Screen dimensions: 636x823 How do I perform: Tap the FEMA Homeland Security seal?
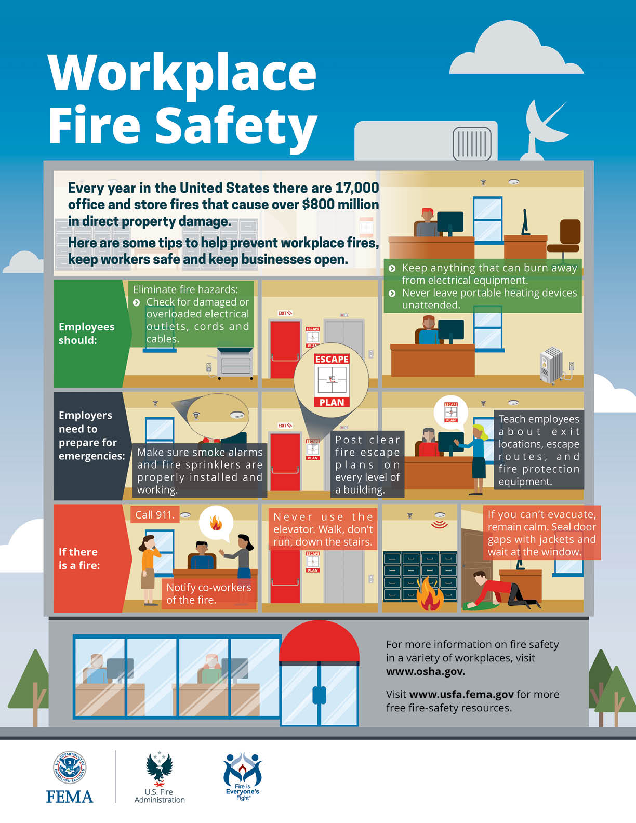pos(69,767)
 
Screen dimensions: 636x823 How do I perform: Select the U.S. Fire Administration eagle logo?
pos(160,769)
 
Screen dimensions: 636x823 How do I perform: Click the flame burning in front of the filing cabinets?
pos(430,594)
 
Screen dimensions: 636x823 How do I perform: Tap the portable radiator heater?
pos(551,365)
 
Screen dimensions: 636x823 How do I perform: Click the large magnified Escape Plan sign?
pos(332,381)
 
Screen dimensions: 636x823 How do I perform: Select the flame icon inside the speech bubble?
pos(216,523)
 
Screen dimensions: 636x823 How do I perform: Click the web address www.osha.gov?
pos(426,671)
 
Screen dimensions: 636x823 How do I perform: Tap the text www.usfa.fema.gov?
pos(461,694)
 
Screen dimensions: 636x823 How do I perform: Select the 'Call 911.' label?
pos(155,515)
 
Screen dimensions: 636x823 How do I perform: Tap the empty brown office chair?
pos(564,241)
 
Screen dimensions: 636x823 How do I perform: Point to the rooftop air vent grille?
pos(472,144)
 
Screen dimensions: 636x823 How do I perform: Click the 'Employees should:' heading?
pos(86,333)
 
